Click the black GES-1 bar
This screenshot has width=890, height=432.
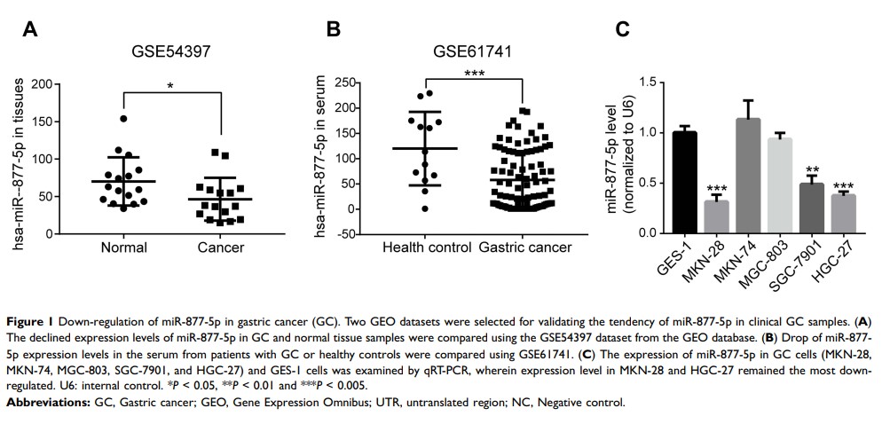(x=684, y=183)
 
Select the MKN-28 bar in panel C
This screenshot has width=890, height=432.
(x=717, y=216)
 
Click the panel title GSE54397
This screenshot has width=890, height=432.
(x=170, y=51)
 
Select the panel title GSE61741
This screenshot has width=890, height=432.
(x=470, y=51)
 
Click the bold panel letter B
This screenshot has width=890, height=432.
(x=335, y=29)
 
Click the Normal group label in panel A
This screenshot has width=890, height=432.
(x=123, y=247)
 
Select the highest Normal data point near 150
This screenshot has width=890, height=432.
(x=123, y=119)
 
